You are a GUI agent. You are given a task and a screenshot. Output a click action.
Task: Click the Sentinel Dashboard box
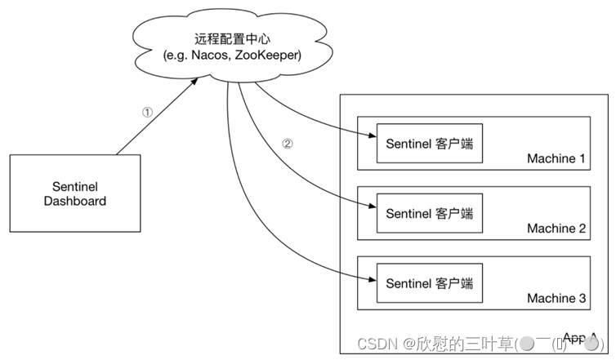click(x=74, y=192)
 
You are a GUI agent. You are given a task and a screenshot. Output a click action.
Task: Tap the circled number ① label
click(x=147, y=113)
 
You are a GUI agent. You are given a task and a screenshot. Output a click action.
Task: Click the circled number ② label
click(x=287, y=143)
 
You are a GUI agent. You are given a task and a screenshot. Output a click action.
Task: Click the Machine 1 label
click(x=556, y=159)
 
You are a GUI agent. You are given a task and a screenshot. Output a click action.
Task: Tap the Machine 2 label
click(x=556, y=229)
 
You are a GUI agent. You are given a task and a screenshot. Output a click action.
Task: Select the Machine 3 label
click(x=556, y=299)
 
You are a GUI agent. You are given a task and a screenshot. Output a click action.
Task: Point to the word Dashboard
click(x=74, y=201)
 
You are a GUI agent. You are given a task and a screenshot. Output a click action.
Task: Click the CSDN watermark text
click(x=377, y=344)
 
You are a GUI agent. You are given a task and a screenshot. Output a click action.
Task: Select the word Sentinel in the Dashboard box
click(x=74, y=184)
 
